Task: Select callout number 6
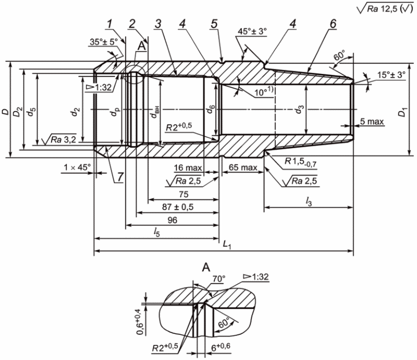pyautogui.click(x=333, y=24)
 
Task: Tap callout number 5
pyautogui.click(x=214, y=24)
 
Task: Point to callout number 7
pyautogui.click(x=120, y=177)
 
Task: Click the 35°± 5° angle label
pyautogui.click(x=104, y=42)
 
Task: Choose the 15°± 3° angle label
pyautogui.click(x=391, y=75)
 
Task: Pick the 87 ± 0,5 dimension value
pyautogui.click(x=178, y=207)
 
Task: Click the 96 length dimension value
pyautogui.click(x=172, y=220)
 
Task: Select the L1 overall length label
pyautogui.click(x=227, y=245)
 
